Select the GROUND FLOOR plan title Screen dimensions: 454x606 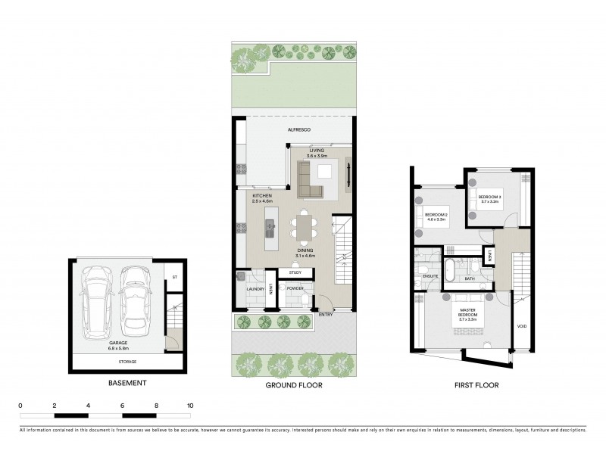click(x=294, y=384)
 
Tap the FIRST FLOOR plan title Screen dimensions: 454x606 click(x=476, y=384)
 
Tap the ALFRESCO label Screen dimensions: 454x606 click(x=298, y=130)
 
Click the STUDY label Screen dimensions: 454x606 click(x=295, y=272)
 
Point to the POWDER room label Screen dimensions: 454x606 click(x=295, y=288)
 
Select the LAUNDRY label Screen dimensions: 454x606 click(x=255, y=288)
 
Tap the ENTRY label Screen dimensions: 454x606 click(x=326, y=314)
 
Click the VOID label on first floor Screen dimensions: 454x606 click(x=522, y=327)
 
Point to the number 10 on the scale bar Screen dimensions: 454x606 click(x=190, y=406)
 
